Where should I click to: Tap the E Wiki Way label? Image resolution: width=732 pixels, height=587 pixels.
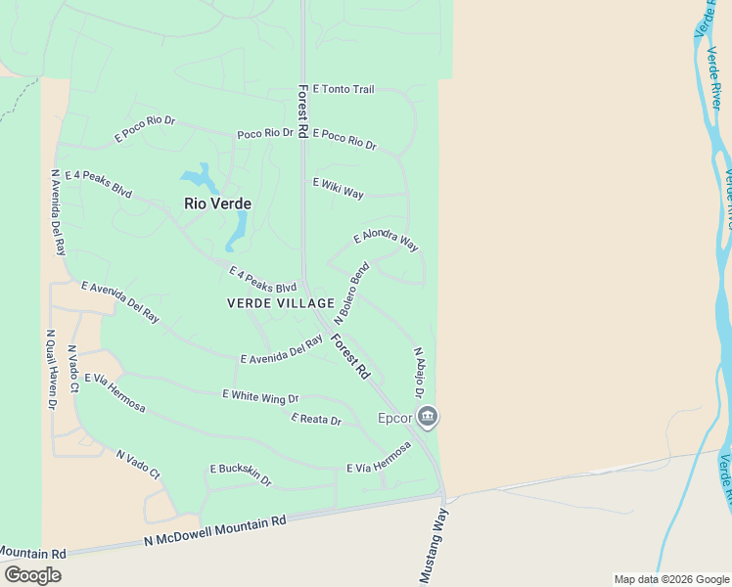338,188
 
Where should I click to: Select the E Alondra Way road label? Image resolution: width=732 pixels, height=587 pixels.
386,241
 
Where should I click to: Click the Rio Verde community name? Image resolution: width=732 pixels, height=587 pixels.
218,204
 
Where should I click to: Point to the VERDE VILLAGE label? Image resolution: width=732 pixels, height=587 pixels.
281,303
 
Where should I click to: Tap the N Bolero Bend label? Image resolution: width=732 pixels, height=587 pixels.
351,293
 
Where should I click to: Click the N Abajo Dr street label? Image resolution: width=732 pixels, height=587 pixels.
418,373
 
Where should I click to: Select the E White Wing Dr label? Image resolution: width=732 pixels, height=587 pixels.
259,396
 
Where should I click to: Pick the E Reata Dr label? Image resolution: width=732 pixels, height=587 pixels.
316,420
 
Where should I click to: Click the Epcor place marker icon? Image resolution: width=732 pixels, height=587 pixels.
427,418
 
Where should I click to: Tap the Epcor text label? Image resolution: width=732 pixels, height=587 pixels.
396,419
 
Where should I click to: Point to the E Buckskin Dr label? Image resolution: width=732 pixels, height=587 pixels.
240,475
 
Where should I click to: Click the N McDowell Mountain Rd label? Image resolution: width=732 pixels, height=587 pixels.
214,531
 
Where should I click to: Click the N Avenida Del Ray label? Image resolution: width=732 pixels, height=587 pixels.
58,212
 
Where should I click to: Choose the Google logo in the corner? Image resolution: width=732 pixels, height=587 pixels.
32,575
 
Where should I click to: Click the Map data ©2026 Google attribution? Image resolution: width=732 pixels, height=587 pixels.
671,579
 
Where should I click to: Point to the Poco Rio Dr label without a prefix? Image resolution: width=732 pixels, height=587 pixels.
265,133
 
